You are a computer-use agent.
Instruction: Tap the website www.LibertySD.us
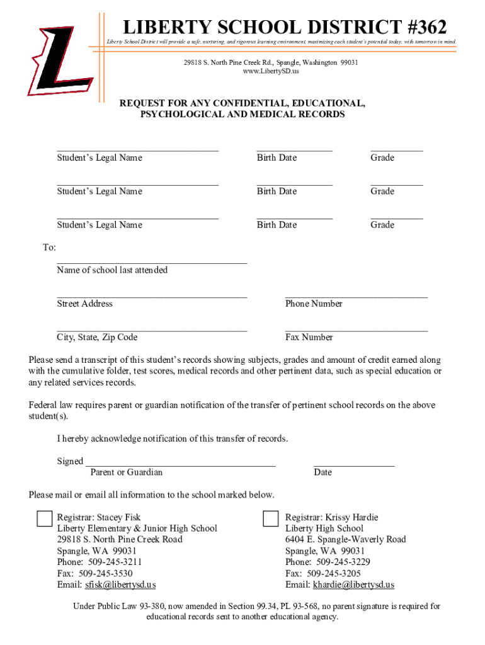click(271, 71)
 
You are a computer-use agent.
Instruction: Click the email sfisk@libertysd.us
click(120, 585)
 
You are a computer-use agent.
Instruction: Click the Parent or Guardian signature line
click(180, 464)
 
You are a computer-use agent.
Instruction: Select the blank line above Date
click(354, 464)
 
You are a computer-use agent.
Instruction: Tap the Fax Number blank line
click(356, 329)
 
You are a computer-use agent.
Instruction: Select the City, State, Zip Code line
click(152, 329)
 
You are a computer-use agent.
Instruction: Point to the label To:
click(49, 248)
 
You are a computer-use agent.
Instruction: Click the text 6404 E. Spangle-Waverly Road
click(345, 539)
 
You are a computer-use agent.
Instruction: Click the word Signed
click(70, 461)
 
